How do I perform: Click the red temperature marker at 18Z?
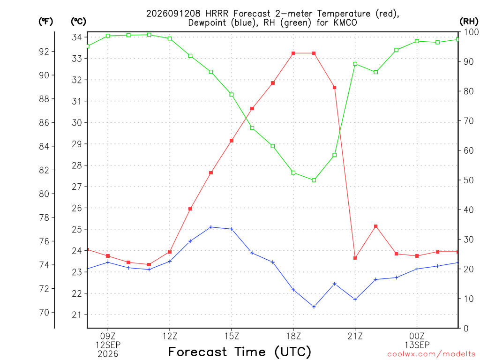(x=293, y=53)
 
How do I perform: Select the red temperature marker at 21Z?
(x=355, y=258)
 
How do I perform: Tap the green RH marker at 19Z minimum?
(x=314, y=180)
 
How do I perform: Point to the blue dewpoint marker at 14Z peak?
(x=210, y=227)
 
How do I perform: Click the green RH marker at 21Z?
(x=355, y=64)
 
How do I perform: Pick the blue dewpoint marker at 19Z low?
(x=314, y=307)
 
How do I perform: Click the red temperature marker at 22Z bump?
(x=375, y=226)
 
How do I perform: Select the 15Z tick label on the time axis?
(x=232, y=336)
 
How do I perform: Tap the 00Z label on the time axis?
(x=417, y=336)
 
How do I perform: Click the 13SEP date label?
(x=417, y=345)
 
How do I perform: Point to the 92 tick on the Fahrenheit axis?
(x=44, y=52)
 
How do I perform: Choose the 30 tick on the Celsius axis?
(x=77, y=122)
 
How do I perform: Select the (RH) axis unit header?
(x=469, y=21)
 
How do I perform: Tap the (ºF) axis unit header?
(x=45, y=22)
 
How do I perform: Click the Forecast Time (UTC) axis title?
(x=240, y=352)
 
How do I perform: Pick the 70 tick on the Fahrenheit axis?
(x=44, y=313)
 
